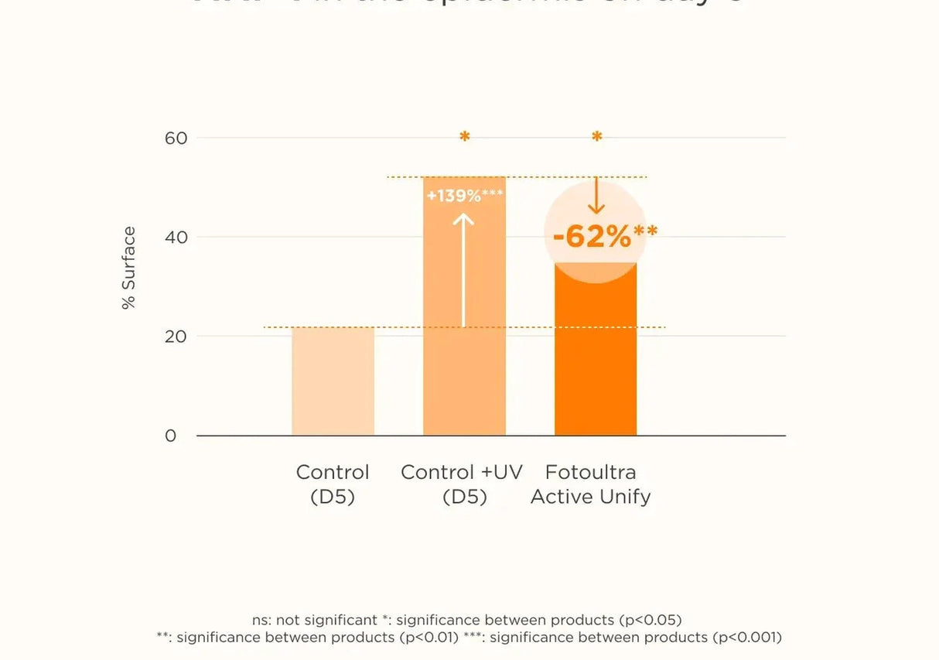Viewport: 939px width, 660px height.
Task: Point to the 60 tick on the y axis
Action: pyautogui.click(x=176, y=138)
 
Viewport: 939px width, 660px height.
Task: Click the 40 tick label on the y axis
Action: pyautogui.click(x=176, y=237)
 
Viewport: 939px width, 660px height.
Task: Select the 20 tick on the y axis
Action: pyautogui.click(x=176, y=337)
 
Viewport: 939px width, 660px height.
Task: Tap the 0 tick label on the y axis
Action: pyautogui.click(x=171, y=436)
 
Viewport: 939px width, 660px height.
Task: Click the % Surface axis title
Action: pyautogui.click(x=128, y=268)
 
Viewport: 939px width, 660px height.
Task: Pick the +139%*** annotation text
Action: pyautogui.click(x=464, y=196)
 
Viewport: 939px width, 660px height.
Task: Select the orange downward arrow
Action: pyautogui.click(x=596, y=197)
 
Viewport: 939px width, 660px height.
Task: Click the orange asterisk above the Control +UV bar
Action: pyautogui.click(x=464, y=137)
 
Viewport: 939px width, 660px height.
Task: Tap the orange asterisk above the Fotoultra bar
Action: pyautogui.click(x=596, y=137)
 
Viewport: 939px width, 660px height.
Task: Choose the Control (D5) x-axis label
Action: pyautogui.click(x=333, y=484)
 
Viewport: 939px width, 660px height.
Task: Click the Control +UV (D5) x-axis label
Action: pyautogui.click(x=463, y=484)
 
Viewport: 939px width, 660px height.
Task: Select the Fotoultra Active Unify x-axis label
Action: pyautogui.click(x=590, y=484)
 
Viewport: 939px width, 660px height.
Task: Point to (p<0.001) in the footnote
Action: pyautogui.click(x=746, y=638)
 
